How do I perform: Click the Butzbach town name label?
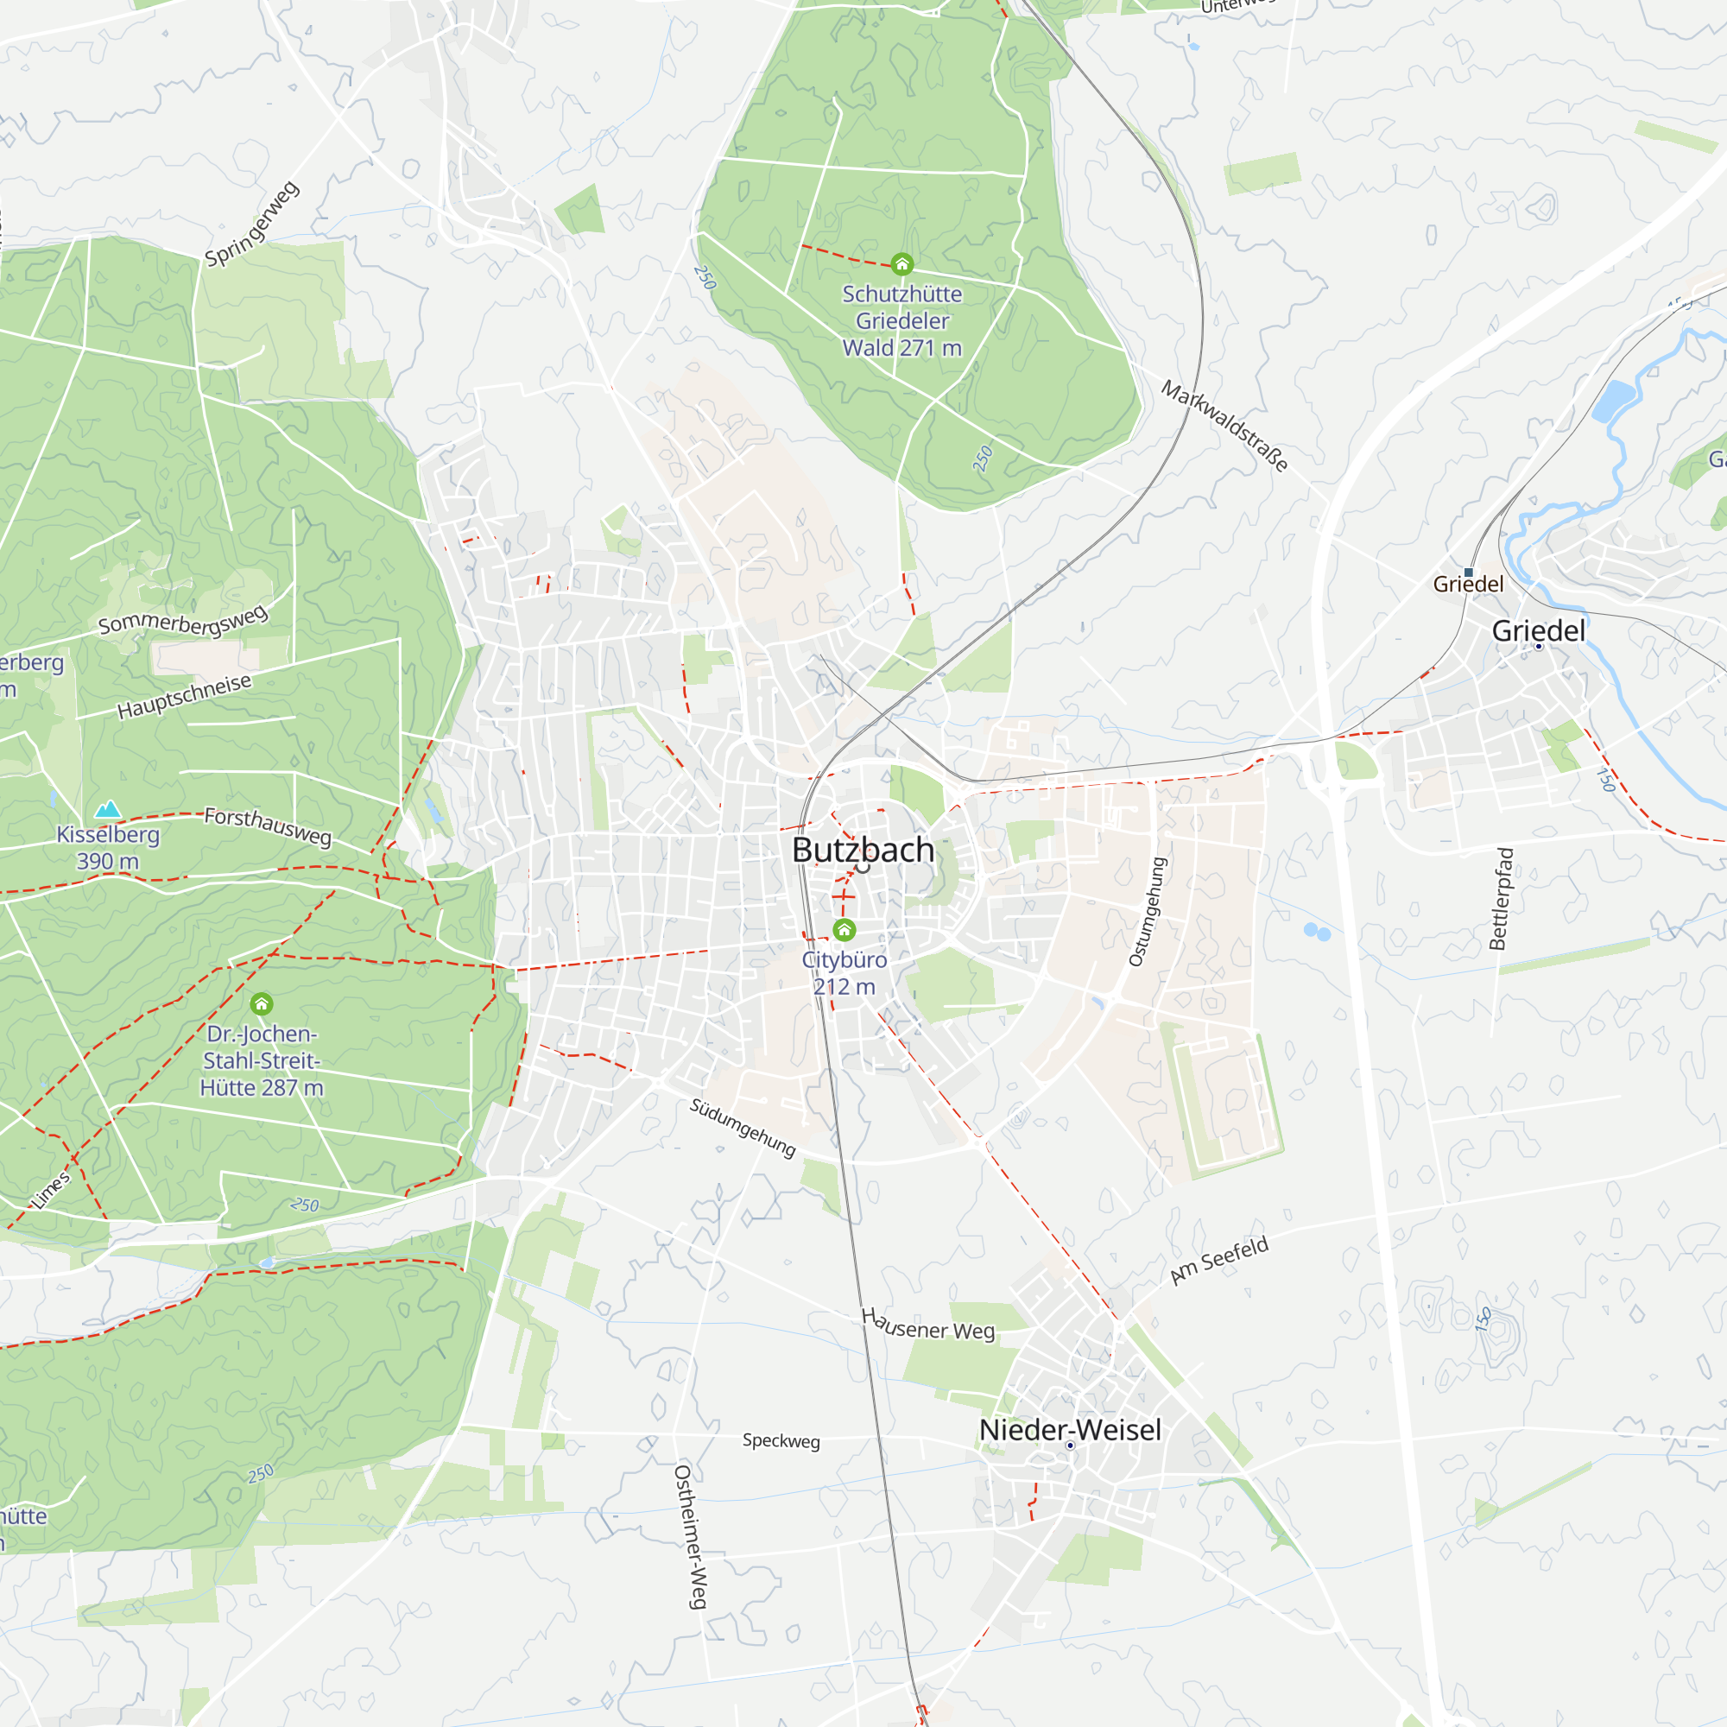pos(863,850)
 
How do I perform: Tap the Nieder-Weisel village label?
pos(1070,1429)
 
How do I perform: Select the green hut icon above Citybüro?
pos(844,931)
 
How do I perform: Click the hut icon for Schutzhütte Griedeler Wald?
pos(902,263)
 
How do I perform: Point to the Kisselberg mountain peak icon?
pos(107,810)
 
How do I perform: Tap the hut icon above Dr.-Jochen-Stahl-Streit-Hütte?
pos(261,1004)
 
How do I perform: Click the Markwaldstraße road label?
pos(1224,426)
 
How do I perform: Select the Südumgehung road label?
pos(742,1127)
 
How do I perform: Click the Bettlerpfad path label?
pos(1502,898)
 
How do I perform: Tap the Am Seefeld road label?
pos(1219,1261)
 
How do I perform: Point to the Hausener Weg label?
pos(928,1325)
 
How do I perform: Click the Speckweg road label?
pos(781,1440)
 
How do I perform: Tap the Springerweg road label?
pos(252,225)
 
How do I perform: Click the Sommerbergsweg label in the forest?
pos(182,620)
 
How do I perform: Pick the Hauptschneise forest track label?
pos(184,696)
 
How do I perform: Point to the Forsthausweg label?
pos(269,826)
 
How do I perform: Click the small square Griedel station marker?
pos(1468,573)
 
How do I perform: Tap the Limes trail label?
pos(51,1189)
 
